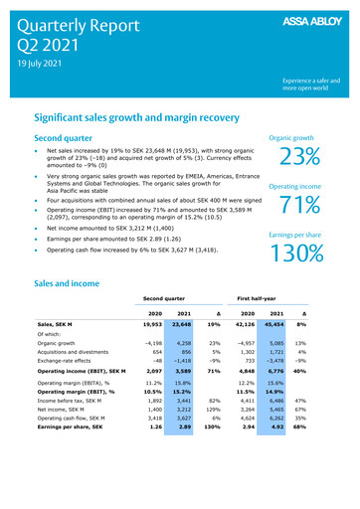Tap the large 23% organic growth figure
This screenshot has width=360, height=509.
pos(299,157)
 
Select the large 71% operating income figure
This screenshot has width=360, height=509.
pos(299,205)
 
